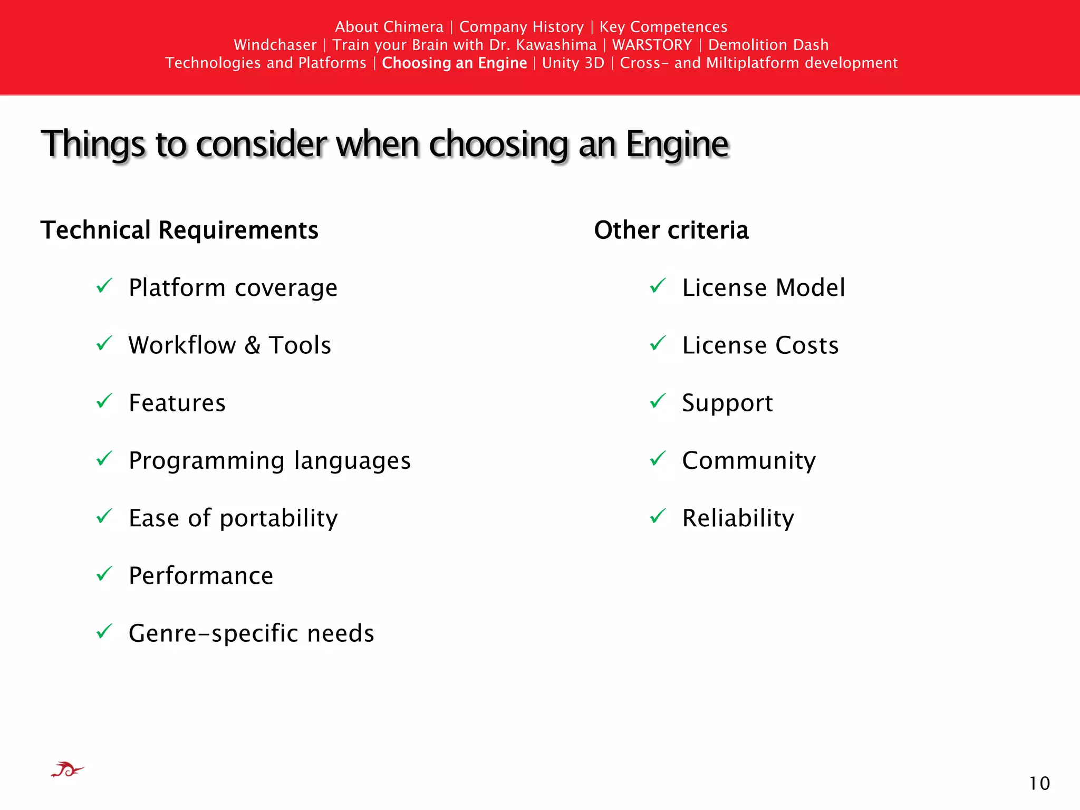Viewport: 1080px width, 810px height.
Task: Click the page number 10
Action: (1039, 784)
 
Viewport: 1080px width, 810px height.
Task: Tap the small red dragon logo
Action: (67, 770)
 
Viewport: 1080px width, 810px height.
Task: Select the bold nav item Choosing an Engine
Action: (454, 63)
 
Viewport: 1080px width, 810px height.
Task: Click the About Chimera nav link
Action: (389, 27)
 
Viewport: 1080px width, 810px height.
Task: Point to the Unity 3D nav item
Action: (573, 63)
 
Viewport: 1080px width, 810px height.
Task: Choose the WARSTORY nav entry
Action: (652, 45)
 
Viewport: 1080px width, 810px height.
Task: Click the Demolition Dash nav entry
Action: (768, 45)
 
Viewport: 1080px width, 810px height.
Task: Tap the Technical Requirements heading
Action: (179, 230)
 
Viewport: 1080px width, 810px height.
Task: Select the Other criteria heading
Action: (671, 230)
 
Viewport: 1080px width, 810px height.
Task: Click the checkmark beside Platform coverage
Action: (104, 286)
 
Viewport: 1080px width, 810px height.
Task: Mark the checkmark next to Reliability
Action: (658, 516)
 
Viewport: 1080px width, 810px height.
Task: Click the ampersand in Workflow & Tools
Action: (252, 346)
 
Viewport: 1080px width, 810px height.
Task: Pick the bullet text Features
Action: (177, 403)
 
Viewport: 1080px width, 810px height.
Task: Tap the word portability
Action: (278, 519)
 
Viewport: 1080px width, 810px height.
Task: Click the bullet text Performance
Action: (201, 576)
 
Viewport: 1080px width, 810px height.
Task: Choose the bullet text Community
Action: (748, 461)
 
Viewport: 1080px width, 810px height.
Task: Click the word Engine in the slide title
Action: (677, 144)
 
